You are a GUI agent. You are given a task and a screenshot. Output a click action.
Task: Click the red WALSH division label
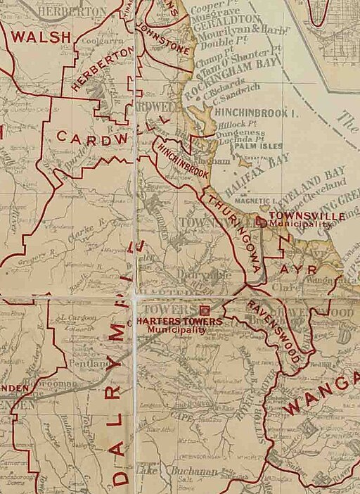coord(39,37)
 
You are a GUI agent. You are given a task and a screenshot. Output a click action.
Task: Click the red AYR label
coord(293,270)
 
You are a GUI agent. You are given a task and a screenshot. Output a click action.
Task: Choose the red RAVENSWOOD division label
coord(275,331)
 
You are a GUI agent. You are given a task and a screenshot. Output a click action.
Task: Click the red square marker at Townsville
coord(261,222)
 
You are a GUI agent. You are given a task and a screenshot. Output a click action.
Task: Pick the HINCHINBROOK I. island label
coord(250,111)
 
